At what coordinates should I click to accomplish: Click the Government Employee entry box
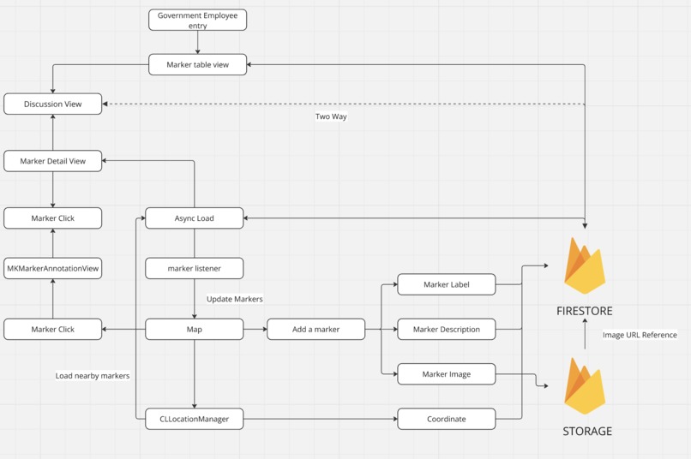tap(197, 20)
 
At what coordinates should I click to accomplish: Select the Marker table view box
tap(197, 64)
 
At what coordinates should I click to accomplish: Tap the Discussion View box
tap(53, 104)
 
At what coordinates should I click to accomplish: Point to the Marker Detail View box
tap(53, 161)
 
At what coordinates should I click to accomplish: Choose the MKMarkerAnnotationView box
tap(53, 268)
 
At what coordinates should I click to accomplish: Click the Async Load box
tap(194, 218)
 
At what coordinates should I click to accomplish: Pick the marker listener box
tap(194, 268)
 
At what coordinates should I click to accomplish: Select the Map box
tap(194, 329)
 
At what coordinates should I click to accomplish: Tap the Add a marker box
tap(315, 329)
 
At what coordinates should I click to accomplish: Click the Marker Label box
tap(446, 284)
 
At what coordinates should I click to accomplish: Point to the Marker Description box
tap(446, 329)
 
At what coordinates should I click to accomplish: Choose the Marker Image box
tap(446, 374)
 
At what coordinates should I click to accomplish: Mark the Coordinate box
tap(446, 419)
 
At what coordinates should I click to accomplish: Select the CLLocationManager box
tap(194, 419)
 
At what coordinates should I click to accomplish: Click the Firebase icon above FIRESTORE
tap(585, 266)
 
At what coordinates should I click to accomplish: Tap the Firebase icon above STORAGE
tap(585, 386)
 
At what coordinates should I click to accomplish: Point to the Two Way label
tap(331, 116)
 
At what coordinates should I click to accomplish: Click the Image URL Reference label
tap(640, 335)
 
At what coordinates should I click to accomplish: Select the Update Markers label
tap(234, 299)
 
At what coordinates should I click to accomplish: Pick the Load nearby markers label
tap(93, 376)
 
